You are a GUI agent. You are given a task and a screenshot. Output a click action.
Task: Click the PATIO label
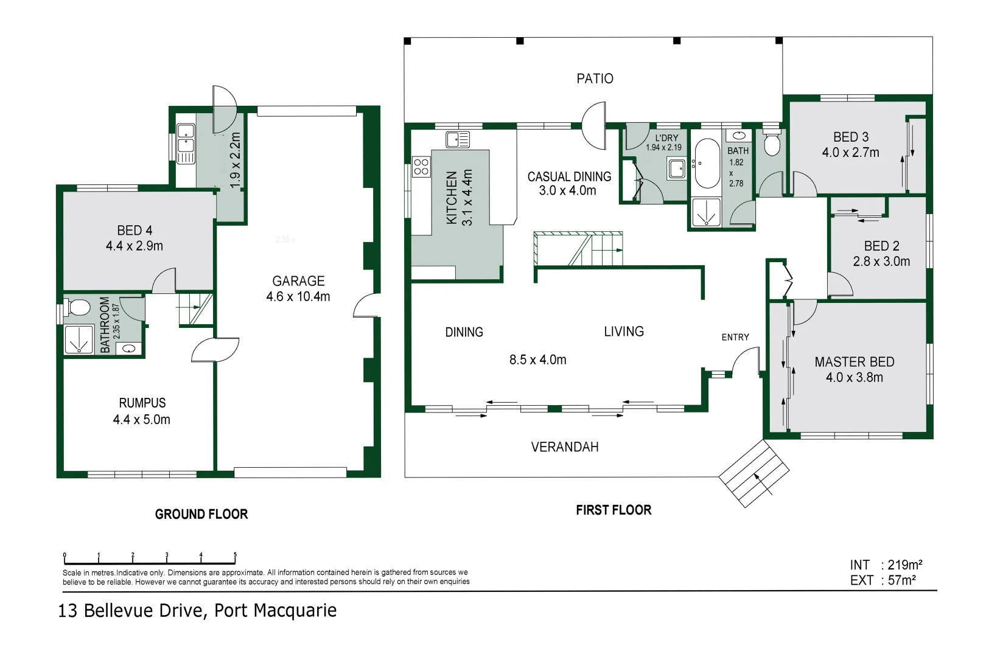coord(595,78)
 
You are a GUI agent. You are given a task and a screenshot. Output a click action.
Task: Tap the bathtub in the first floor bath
coord(706,164)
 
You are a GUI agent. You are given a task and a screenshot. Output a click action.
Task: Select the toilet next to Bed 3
coord(772,142)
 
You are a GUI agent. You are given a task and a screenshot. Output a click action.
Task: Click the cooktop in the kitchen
coord(421,166)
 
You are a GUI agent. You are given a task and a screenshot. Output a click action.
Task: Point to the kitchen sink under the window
coord(457,139)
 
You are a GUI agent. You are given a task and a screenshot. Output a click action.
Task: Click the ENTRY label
coord(735,337)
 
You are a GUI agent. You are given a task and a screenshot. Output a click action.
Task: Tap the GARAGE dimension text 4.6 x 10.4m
coord(298,297)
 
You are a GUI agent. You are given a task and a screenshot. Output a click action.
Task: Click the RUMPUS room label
coord(142,403)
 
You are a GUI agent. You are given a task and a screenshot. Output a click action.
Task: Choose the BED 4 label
coord(135,231)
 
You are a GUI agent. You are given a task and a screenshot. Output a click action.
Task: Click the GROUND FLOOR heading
coord(201,514)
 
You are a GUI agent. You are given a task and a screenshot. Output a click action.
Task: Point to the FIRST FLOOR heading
coord(614,510)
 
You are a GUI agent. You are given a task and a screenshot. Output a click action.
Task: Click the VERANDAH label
coord(564,447)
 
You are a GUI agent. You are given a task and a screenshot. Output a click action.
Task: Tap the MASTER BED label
coord(854,362)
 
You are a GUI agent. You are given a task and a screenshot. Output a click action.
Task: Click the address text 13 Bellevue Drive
coord(130,610)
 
